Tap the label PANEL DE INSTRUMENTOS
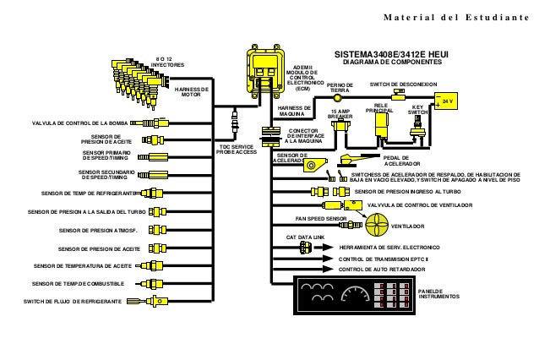438,293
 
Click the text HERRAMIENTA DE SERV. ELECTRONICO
395,247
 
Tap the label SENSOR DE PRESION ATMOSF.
94,229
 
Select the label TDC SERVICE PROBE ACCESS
236,150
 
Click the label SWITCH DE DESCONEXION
404,85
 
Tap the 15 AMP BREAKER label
340,113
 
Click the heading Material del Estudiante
465,18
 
